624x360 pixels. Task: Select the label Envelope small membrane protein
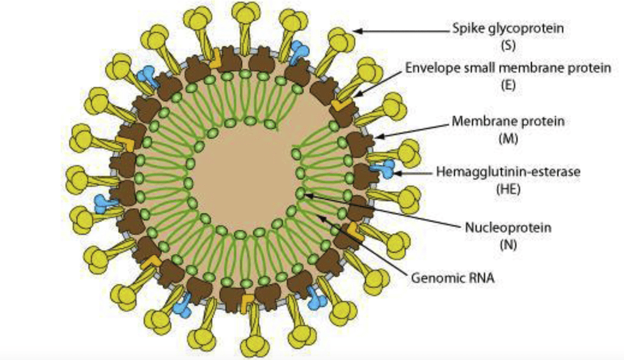(x=508, y=68)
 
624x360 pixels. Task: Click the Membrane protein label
(x=508, y=121)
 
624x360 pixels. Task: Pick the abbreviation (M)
(x=508, y=138)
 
